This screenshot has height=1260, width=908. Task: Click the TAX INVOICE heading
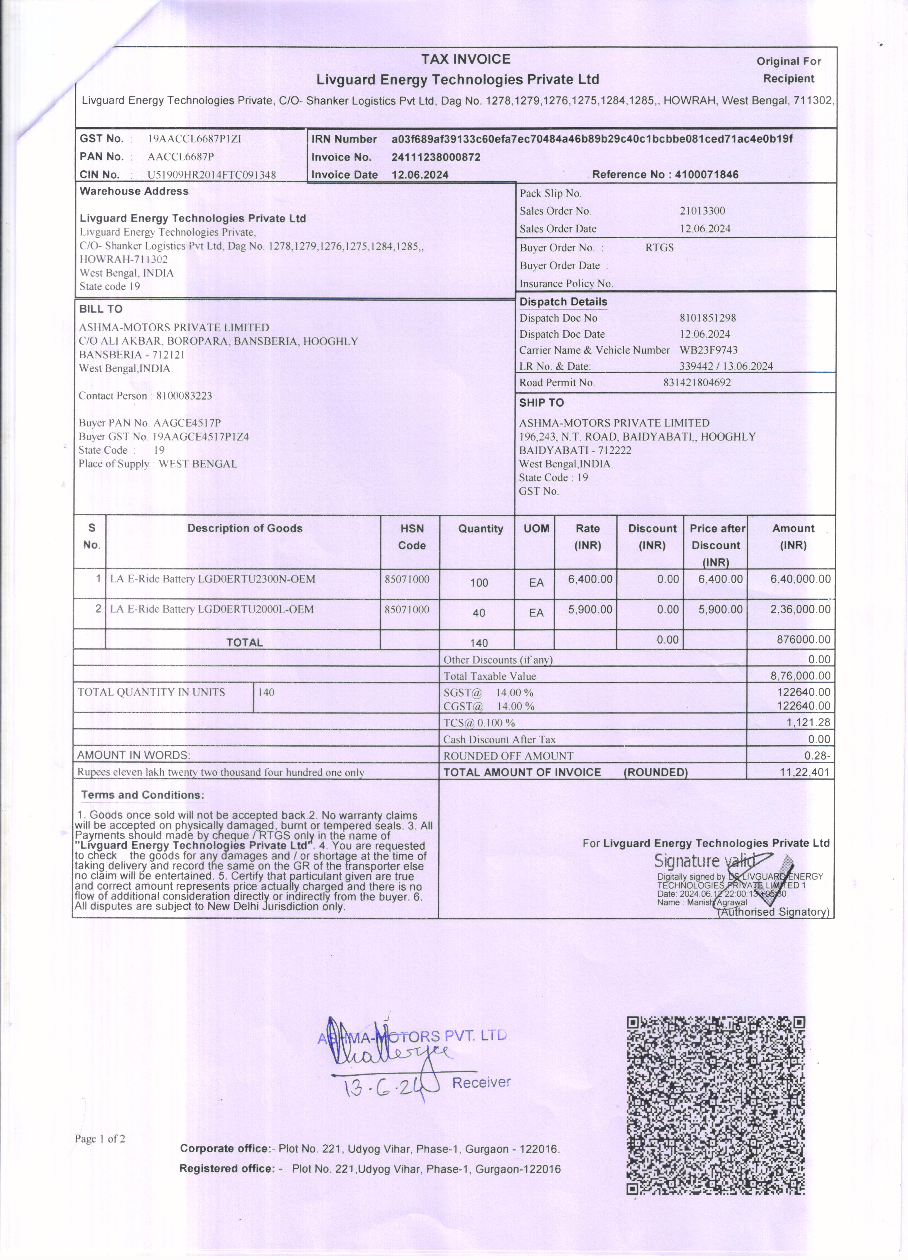[465, 59]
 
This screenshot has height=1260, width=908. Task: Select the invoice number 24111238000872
[436, 157]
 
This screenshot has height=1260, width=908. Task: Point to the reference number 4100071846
[707, 175]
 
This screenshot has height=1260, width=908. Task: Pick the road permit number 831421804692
[696, 382]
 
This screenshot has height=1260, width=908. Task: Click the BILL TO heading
[101, 309]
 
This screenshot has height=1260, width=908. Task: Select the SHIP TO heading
[541, 403]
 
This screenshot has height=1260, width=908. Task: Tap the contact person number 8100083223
[184, 396]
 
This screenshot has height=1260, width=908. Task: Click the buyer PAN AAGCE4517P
[187, 423]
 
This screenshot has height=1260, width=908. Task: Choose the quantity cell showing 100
[479, 583]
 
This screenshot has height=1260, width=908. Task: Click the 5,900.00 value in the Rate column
[590, 609]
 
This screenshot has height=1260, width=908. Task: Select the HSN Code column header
[412, 537]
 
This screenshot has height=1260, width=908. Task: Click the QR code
[715, 1106]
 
